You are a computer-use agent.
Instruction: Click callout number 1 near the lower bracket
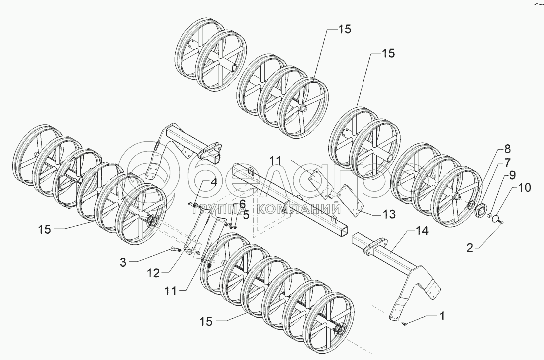coord(442,316)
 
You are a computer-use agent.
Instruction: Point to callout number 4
coord(213,182)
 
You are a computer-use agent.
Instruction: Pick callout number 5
coord(246,215)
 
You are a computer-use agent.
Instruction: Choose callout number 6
coord(242,203)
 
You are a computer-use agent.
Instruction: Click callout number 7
coord(506,162)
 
